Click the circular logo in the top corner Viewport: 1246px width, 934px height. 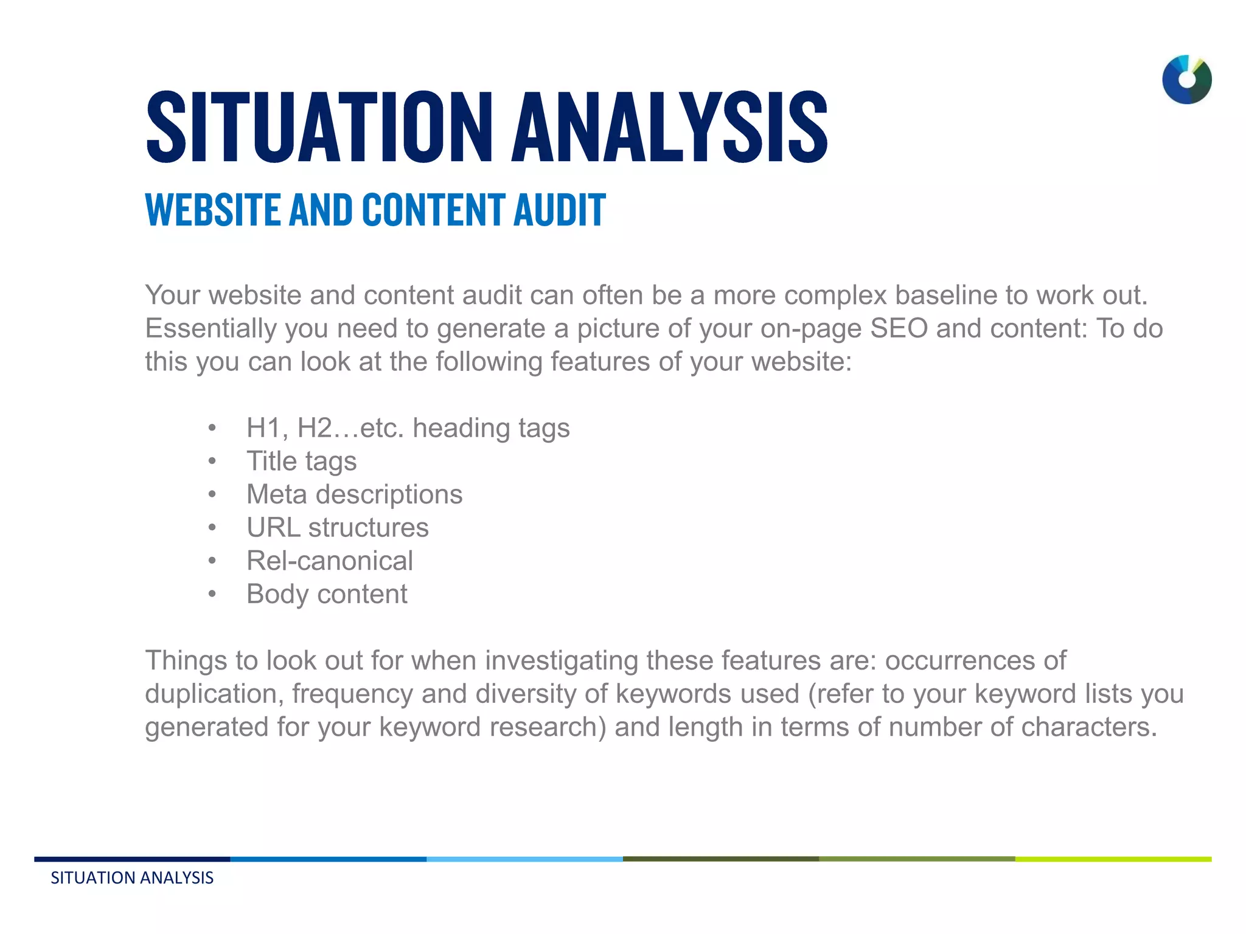coord(1186,80)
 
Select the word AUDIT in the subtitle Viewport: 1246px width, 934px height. coord(560,210)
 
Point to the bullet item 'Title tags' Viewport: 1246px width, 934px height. coord(301,462)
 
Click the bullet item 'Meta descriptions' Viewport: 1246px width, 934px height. coord(354,494)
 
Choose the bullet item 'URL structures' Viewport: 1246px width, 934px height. coord(337,528)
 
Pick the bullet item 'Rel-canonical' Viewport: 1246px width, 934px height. coord(329,561)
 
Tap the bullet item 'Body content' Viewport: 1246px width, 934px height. coord(327,594)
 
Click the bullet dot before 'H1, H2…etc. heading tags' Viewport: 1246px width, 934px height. coord(212,428)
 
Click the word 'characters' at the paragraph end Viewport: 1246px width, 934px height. coord(1085,727)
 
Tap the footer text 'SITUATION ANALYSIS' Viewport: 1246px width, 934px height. coord(132,878)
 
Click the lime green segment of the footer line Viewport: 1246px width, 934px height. coord(1113,859)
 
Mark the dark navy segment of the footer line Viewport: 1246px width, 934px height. coord(132,859)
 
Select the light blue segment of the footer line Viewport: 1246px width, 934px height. coord(524,859)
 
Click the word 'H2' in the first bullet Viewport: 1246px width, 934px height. coord(315,428)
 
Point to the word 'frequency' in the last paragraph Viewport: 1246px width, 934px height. coord(352,694)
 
